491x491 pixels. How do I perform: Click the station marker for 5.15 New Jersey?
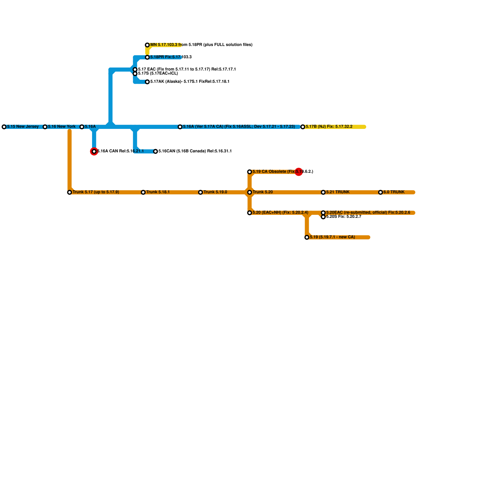tap(4, 127)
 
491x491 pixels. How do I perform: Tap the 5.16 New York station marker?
tap(45, 127)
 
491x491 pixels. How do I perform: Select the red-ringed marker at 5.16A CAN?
tap(94, 151)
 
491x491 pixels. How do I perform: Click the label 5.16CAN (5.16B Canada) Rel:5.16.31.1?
tap(195, 151)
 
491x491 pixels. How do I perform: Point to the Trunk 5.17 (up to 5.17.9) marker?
tap(70, 192)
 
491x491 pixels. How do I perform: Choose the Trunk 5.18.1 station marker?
tap(143, 192)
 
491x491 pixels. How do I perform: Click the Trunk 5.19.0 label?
tap(215, 192)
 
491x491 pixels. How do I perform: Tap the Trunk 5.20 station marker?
tap(250, 192)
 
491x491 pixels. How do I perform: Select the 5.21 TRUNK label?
tap(338, 192)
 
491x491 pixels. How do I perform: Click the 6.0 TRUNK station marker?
tap(381, 192)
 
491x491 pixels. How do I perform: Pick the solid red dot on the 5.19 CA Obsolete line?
tap(299, 172)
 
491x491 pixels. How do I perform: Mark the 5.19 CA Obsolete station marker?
tap(250, 172)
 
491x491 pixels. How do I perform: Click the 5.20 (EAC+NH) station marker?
tap(250, 213)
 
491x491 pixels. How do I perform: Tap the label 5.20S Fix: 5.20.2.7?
tap(343, 217)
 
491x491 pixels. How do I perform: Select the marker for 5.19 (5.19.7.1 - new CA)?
tap(307, 237)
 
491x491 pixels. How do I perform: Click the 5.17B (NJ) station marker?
tap(303, 127)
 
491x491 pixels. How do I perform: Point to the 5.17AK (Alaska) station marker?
tap(147, 82)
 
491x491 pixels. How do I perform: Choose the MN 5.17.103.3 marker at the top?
tap(147, 45)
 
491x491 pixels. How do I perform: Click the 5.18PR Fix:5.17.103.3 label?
tap(171, 57)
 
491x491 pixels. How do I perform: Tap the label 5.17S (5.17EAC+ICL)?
tap(158, 74)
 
